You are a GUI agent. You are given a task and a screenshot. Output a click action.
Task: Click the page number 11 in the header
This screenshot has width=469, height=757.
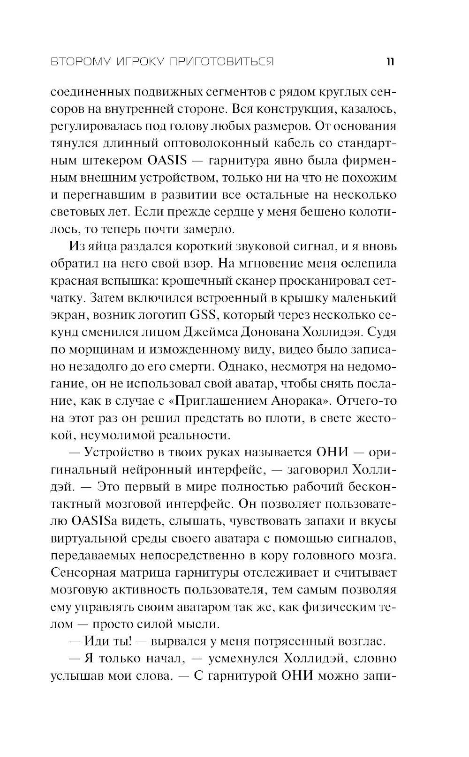pyautogui.click(x=389, y=62)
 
